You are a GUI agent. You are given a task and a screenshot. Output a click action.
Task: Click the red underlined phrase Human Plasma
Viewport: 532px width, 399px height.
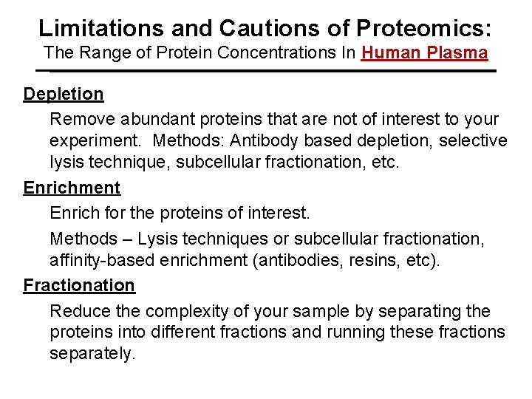coord(424,53)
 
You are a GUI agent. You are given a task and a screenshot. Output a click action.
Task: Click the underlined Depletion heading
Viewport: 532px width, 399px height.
coord(64,95)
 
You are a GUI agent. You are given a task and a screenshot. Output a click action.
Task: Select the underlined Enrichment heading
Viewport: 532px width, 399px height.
coord(72,188)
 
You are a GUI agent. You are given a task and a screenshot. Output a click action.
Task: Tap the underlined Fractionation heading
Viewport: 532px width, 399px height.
coord(79,285)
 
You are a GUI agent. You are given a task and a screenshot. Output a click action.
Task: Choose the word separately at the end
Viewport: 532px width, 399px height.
coord(92,354)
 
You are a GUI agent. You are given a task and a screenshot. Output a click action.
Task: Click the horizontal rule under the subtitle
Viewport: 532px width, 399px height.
coord(266,71)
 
